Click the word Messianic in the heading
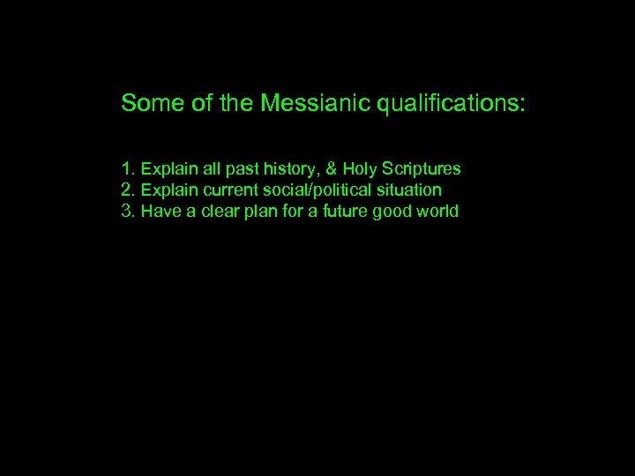point(317,104)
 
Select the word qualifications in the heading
point(451,105)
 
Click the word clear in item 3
point(216,212)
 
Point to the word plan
point(258,212)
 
